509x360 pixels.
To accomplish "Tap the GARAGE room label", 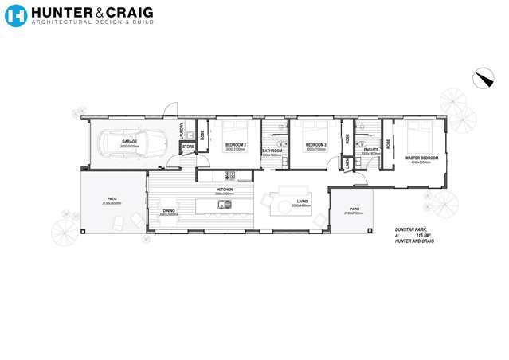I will [129, 141].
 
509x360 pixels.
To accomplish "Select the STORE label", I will [188, 147].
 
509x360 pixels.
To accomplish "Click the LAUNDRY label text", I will [182, 130].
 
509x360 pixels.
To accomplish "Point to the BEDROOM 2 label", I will [235, 145].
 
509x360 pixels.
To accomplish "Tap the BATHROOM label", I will [272, 151].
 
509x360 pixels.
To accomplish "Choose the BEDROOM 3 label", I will [316, 144].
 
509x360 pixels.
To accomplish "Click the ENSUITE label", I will [370, 149].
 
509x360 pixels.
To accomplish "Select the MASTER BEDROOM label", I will [421, 158].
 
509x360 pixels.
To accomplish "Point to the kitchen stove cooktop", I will [228, 175].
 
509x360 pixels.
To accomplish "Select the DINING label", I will [168, 211].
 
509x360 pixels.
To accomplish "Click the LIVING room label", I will [303, 202].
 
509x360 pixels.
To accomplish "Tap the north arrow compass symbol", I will [483, 78].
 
